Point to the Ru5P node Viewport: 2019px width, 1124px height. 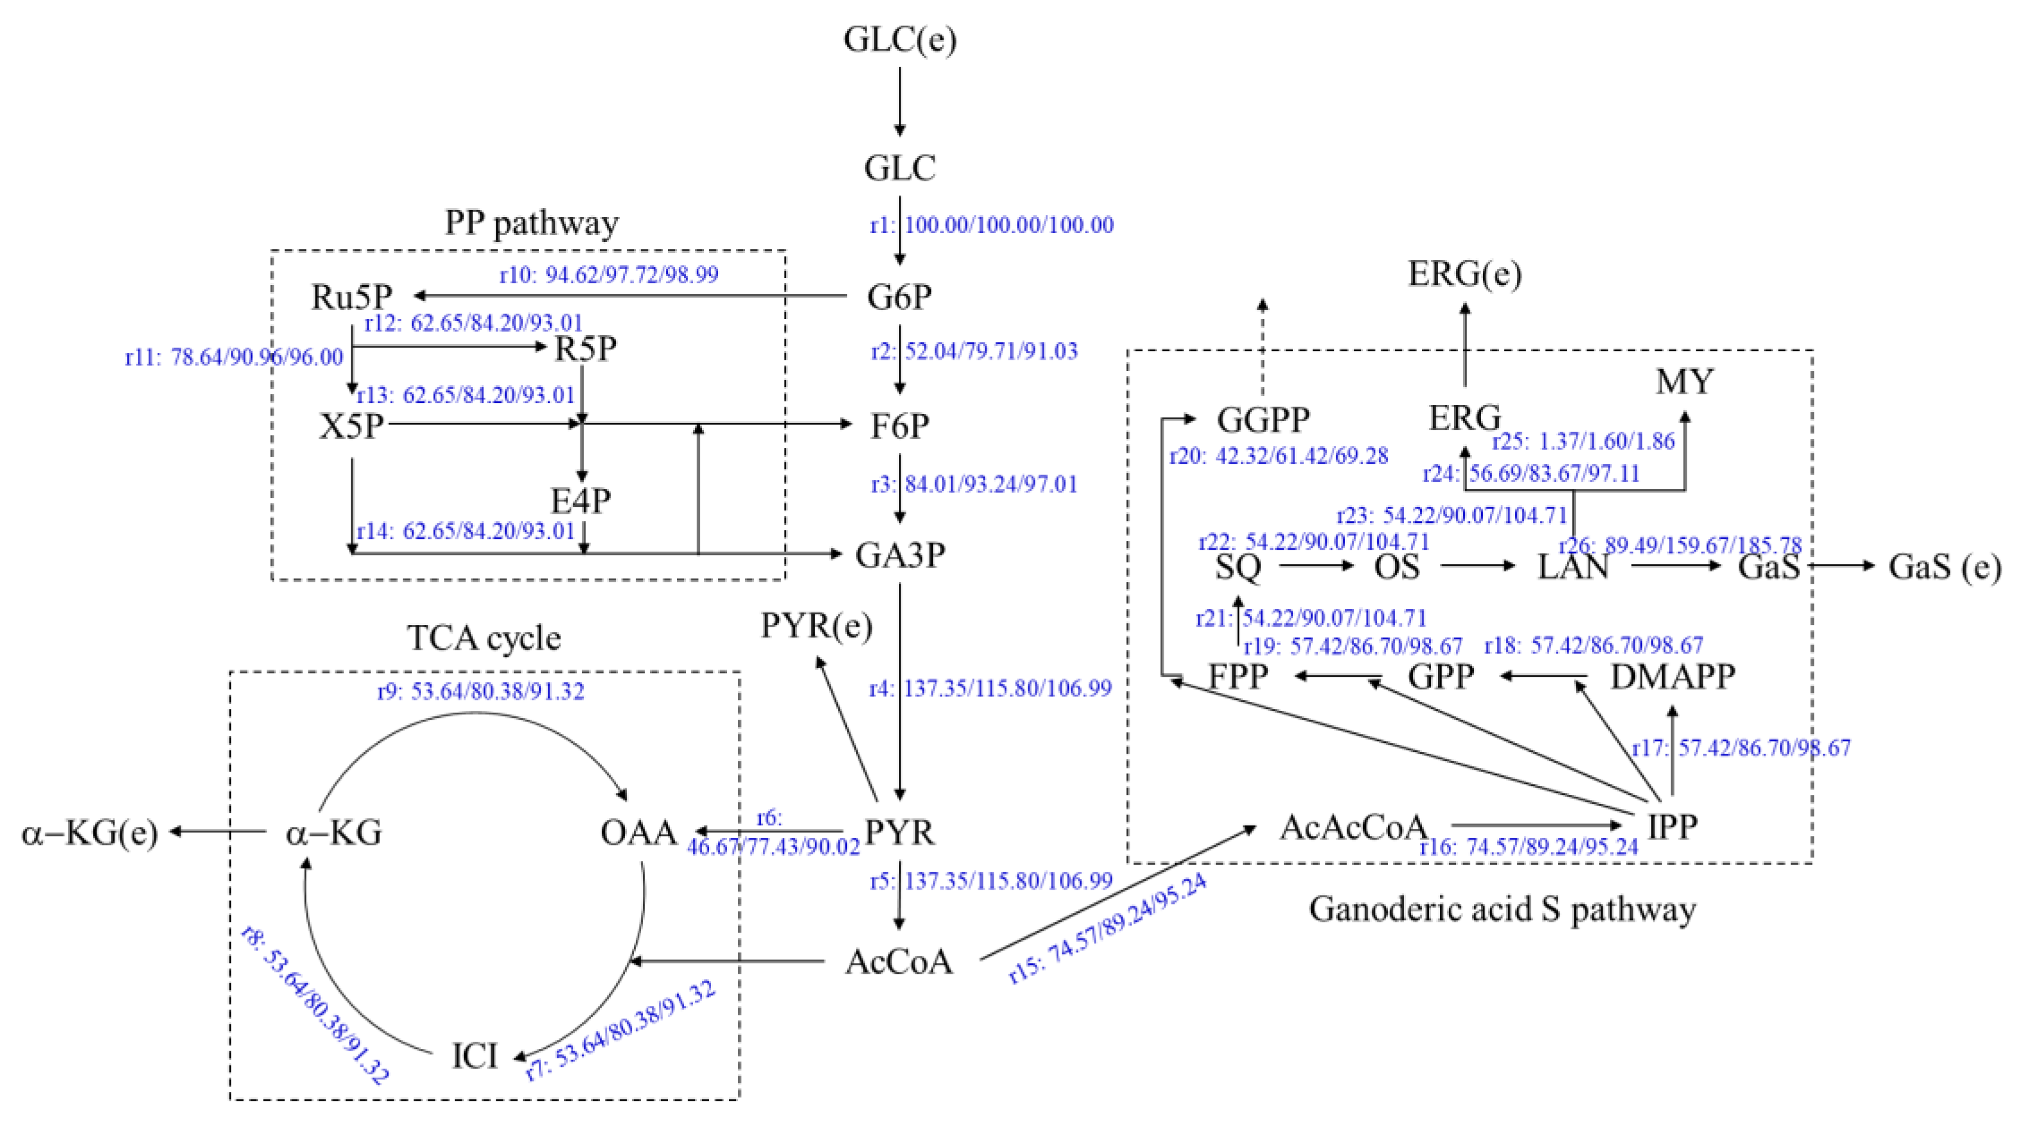351,297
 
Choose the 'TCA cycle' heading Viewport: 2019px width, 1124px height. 484,638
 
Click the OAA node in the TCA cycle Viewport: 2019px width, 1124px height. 638,832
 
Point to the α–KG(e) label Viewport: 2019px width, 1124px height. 89,833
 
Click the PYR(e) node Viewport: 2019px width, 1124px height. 816,626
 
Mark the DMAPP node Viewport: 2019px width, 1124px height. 1672,676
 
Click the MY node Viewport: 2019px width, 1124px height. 1684,382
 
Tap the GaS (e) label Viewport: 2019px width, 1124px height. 1944,566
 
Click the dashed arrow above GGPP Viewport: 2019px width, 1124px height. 1263,345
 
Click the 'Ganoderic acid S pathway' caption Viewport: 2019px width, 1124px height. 1502,909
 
